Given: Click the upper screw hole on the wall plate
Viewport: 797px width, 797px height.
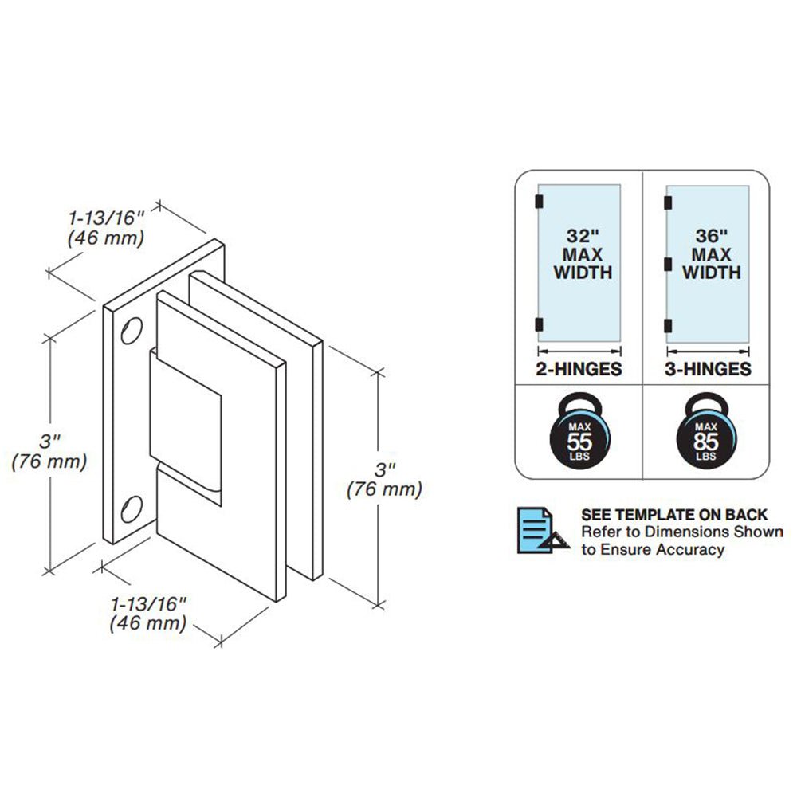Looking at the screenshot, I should coord(132,332).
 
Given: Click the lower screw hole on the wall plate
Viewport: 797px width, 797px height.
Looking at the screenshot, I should coord(132,508).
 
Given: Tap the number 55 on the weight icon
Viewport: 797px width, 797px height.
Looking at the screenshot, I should coord(579,442).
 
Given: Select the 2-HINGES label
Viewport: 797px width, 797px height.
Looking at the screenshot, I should coord(579,370).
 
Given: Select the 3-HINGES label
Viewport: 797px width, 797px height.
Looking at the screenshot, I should coord(708,370).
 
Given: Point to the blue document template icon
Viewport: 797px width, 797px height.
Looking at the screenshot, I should coord(543,530).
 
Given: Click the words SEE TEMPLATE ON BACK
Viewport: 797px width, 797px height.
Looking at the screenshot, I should coord(674,515).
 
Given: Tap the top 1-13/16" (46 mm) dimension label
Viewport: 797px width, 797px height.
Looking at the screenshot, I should coord(105,226).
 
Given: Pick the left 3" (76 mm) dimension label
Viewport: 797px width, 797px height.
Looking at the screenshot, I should coord(49,451).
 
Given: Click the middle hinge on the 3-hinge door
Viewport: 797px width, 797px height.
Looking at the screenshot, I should coord(668,262).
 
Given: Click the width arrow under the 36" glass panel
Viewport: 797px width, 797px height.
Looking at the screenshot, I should coord(708,349).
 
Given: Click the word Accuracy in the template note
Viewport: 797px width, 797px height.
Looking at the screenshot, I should coord(685,549).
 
